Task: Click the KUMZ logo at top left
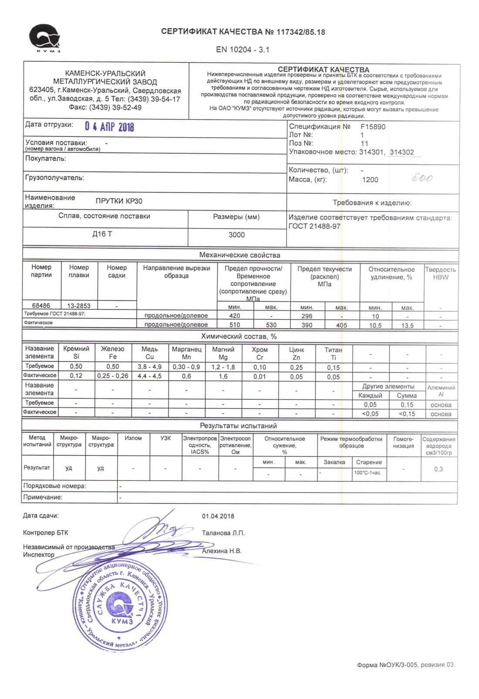click(45, 38)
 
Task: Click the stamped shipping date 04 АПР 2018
click(109, 127)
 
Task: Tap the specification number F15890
click(373, 127)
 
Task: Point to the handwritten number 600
click(422, 178)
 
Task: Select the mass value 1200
click(370, 180)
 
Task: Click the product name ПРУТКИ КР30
click(119, 201)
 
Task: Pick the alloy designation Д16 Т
click(102, 234)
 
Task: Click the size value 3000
click(236, 235)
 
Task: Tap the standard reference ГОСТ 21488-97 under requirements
click(314, 226)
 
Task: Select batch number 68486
click(41, 306)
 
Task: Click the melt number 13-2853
click(79, 306)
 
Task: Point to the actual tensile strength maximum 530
click(271, 325)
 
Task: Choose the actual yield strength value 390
click(307, 325)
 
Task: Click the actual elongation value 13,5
click(407, 326)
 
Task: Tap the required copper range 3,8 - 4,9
click(149, 367)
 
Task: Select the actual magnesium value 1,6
click(223, 377)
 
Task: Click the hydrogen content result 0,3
click(439, 469)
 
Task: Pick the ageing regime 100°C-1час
click(368, 473)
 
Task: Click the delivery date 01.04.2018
click(218, 516)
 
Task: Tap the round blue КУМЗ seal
click(121, 607)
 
